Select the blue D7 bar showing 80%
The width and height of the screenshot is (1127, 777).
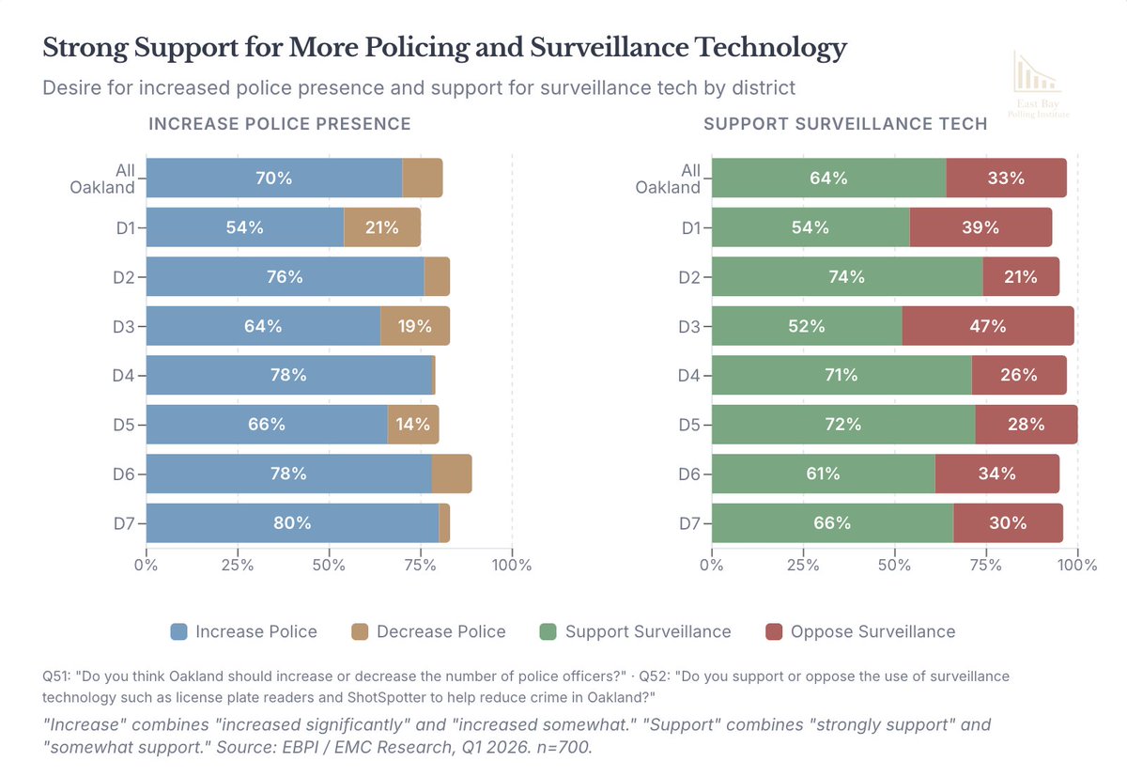click(292, 523)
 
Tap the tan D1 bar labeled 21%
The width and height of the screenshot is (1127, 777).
click(381, 227)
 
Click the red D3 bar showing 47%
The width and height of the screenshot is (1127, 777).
click(987, 326)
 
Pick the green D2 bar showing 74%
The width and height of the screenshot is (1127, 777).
click(846, 277)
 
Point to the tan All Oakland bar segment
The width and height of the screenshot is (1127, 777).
click(422, 179)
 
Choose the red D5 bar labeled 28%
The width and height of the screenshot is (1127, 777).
click(1027, 425)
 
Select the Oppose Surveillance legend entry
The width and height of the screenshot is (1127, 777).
click(860, 631)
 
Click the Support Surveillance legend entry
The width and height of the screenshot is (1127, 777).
click(635, 631)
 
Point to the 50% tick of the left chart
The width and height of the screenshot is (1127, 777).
click(329, 565)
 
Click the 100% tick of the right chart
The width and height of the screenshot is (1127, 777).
click(1077, 565)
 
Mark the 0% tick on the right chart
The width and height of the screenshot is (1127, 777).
click(712, 565)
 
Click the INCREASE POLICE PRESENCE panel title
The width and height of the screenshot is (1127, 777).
click(280, 123)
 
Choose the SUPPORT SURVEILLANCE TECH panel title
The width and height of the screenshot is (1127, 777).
click(844, 123)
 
